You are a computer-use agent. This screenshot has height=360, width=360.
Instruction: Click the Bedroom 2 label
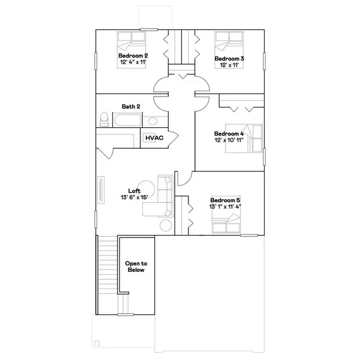(133, 55)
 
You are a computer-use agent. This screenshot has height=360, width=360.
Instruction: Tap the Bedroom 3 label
(229, 58)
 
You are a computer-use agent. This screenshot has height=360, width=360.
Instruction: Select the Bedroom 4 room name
(229, 133)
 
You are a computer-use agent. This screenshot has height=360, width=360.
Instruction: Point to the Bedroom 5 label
(225, 200)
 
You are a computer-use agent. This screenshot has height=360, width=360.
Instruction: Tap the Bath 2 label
(131, 106)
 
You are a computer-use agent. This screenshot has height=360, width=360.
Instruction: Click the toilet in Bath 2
(104, 119)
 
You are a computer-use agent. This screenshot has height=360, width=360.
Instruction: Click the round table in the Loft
(164, 226)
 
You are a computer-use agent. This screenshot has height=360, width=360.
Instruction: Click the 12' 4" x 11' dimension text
(133, 62)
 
